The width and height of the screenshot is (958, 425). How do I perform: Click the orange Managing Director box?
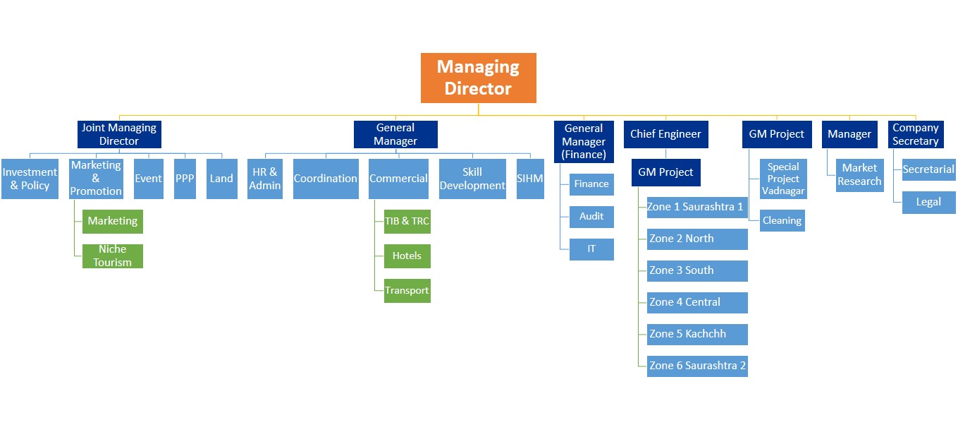478,78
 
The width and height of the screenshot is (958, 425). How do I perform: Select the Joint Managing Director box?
119,134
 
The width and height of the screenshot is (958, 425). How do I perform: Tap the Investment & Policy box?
30,179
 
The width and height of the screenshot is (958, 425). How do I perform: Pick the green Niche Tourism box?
112,256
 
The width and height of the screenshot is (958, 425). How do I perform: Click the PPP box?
185,179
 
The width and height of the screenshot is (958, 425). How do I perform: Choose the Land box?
221,179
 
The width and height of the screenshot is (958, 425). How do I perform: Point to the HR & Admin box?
265,179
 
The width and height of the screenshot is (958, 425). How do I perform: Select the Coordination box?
326,179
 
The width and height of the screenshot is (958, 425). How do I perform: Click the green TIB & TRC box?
407,221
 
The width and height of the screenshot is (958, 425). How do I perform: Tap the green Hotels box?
407,256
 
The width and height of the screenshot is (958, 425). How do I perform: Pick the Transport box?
407,290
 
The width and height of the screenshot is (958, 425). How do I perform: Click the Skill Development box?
472,179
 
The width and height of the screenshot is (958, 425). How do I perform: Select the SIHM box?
530,179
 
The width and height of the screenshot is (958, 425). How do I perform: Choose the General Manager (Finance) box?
584,141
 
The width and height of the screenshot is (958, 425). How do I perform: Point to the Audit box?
591,217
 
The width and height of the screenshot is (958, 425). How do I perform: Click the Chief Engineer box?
665,134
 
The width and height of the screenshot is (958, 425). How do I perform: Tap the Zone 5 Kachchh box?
697,334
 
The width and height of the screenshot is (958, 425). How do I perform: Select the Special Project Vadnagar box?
783,179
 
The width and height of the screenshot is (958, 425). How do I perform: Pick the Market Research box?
859,174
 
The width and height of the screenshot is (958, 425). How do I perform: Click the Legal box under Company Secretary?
928,202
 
